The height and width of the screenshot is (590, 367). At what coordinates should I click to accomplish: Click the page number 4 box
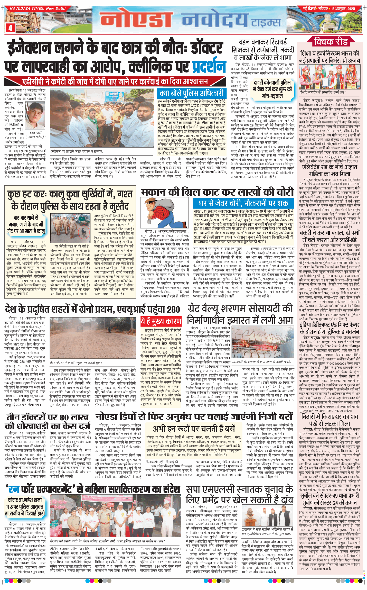coord(10,28)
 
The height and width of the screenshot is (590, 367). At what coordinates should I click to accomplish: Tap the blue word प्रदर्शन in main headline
coord(209,67)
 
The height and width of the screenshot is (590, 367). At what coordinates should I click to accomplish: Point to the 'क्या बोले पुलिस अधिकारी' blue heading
coord(191,93)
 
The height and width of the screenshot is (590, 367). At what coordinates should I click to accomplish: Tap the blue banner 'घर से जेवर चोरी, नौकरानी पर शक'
coord(243,203)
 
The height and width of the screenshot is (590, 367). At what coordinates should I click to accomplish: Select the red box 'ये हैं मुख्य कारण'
coord(161,321)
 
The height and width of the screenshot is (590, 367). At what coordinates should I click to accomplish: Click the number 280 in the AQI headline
coord(173,309)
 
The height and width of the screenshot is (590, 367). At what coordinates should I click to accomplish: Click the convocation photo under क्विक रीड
coord(330,76)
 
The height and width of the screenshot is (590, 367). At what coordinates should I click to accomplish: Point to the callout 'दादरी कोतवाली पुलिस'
coord(272,89)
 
